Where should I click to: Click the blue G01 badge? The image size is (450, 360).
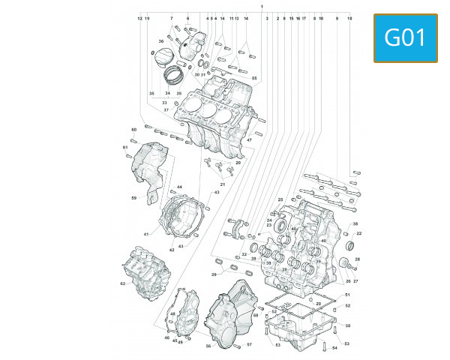pyautogui.click(x=406, y=37)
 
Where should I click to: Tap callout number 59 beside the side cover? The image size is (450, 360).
pyautogui.click(x=133, y=198)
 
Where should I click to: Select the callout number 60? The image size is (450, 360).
pyautogui.click(x=134, y=130)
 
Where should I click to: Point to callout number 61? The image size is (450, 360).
pyautogui.click(x=125, y=147)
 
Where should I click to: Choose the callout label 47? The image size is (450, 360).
pyautogui.click(x=249, y=140)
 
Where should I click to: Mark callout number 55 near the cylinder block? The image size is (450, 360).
pyautogui.click(x=254, y=79)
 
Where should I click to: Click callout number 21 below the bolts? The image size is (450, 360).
pyautogui.click(x=223, y=184)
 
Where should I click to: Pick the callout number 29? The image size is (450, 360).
pyautogui.click(x=214, y=275)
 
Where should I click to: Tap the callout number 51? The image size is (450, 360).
pyautogui.click(x=347, y=295)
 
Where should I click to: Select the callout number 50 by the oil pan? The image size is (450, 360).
pyautogui.click(x=347, y=325)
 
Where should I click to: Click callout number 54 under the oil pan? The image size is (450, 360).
pyautogui.click(x=334, y=348)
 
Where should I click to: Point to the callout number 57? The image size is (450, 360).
pyautogui.click(x=249, y=345)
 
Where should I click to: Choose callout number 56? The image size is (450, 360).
pyautogui.click(x=208, y=346)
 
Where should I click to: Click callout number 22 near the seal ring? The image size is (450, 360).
pyautogui.click(x=359, y=234)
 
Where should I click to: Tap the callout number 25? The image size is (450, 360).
pyautogui.click(x=280, y=199)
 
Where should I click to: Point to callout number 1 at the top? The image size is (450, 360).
pyautogui.click(x=261, y=6)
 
